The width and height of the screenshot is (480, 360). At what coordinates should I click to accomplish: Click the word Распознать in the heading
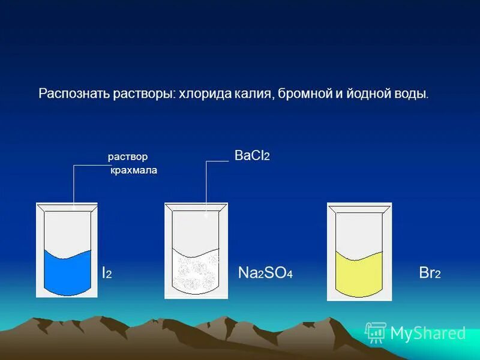click(65, 95)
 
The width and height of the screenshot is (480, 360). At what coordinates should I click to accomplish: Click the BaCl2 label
click(252, 156)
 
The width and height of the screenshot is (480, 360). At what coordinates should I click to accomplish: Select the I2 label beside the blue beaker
click(106, 273)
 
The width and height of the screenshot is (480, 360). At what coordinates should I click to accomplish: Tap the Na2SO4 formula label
click(265, 273)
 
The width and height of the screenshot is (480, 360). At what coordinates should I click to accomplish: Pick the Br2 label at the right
click(430, 273)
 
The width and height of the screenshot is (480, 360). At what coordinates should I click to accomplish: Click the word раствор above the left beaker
click(127, 157)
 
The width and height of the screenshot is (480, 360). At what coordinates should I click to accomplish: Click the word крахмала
click(133, 170)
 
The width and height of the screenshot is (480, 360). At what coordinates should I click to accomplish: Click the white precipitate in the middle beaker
click(196, 273)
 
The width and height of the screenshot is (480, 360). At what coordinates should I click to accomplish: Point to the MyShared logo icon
click(376, 332)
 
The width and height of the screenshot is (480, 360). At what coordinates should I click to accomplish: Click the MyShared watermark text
click(428, 333)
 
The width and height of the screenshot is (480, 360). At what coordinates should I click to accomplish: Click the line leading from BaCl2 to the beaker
click(206, 186)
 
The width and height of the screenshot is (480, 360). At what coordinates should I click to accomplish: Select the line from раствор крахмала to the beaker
click(73, 186)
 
